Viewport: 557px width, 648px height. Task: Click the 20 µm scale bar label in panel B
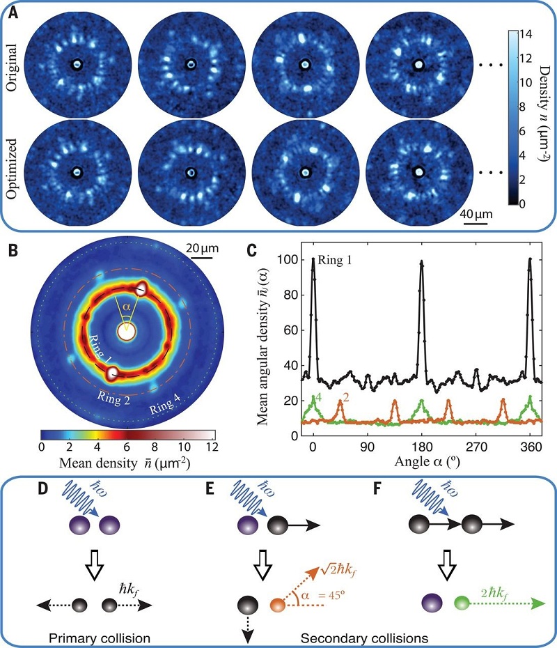pyautogui.click(x=203, y=247)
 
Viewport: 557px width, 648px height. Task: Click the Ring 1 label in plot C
pyautogui.click(x=338, y=262)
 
